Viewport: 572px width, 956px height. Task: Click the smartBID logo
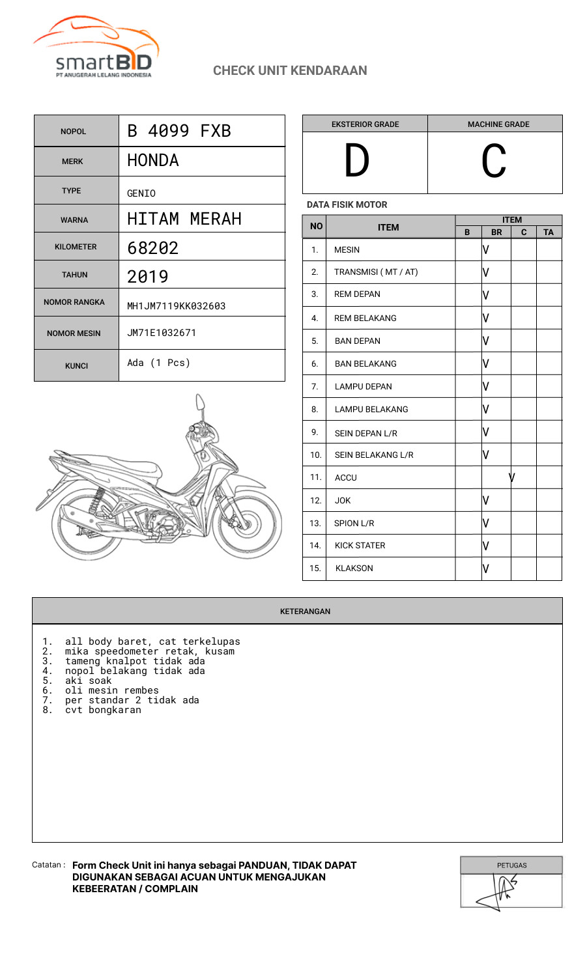click(96, 49)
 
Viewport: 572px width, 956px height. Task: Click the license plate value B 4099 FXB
click(179, 131)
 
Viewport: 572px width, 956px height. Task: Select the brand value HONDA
click(153, 160)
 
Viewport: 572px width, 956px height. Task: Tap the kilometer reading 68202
click(153, 248)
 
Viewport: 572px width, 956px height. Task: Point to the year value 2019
click(148, 277)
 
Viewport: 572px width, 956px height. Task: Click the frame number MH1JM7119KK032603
click(177, 306)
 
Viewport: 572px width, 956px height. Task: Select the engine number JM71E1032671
click(162, 333)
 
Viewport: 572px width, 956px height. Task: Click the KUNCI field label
click(76, 366)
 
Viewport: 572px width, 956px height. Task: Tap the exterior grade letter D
click(357, 162)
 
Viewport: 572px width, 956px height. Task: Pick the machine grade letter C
click(494, 162)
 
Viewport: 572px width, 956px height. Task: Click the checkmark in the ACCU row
click(512, 477)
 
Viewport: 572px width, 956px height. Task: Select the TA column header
click(549, 232)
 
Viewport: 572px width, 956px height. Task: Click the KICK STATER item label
click(360, 546)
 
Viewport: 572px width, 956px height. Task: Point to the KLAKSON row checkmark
click(486, 569)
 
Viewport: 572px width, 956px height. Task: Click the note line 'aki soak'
click(88, 681)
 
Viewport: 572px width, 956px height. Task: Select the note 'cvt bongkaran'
click(103, 710)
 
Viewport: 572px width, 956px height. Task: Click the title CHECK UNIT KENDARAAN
click(290, 70)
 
